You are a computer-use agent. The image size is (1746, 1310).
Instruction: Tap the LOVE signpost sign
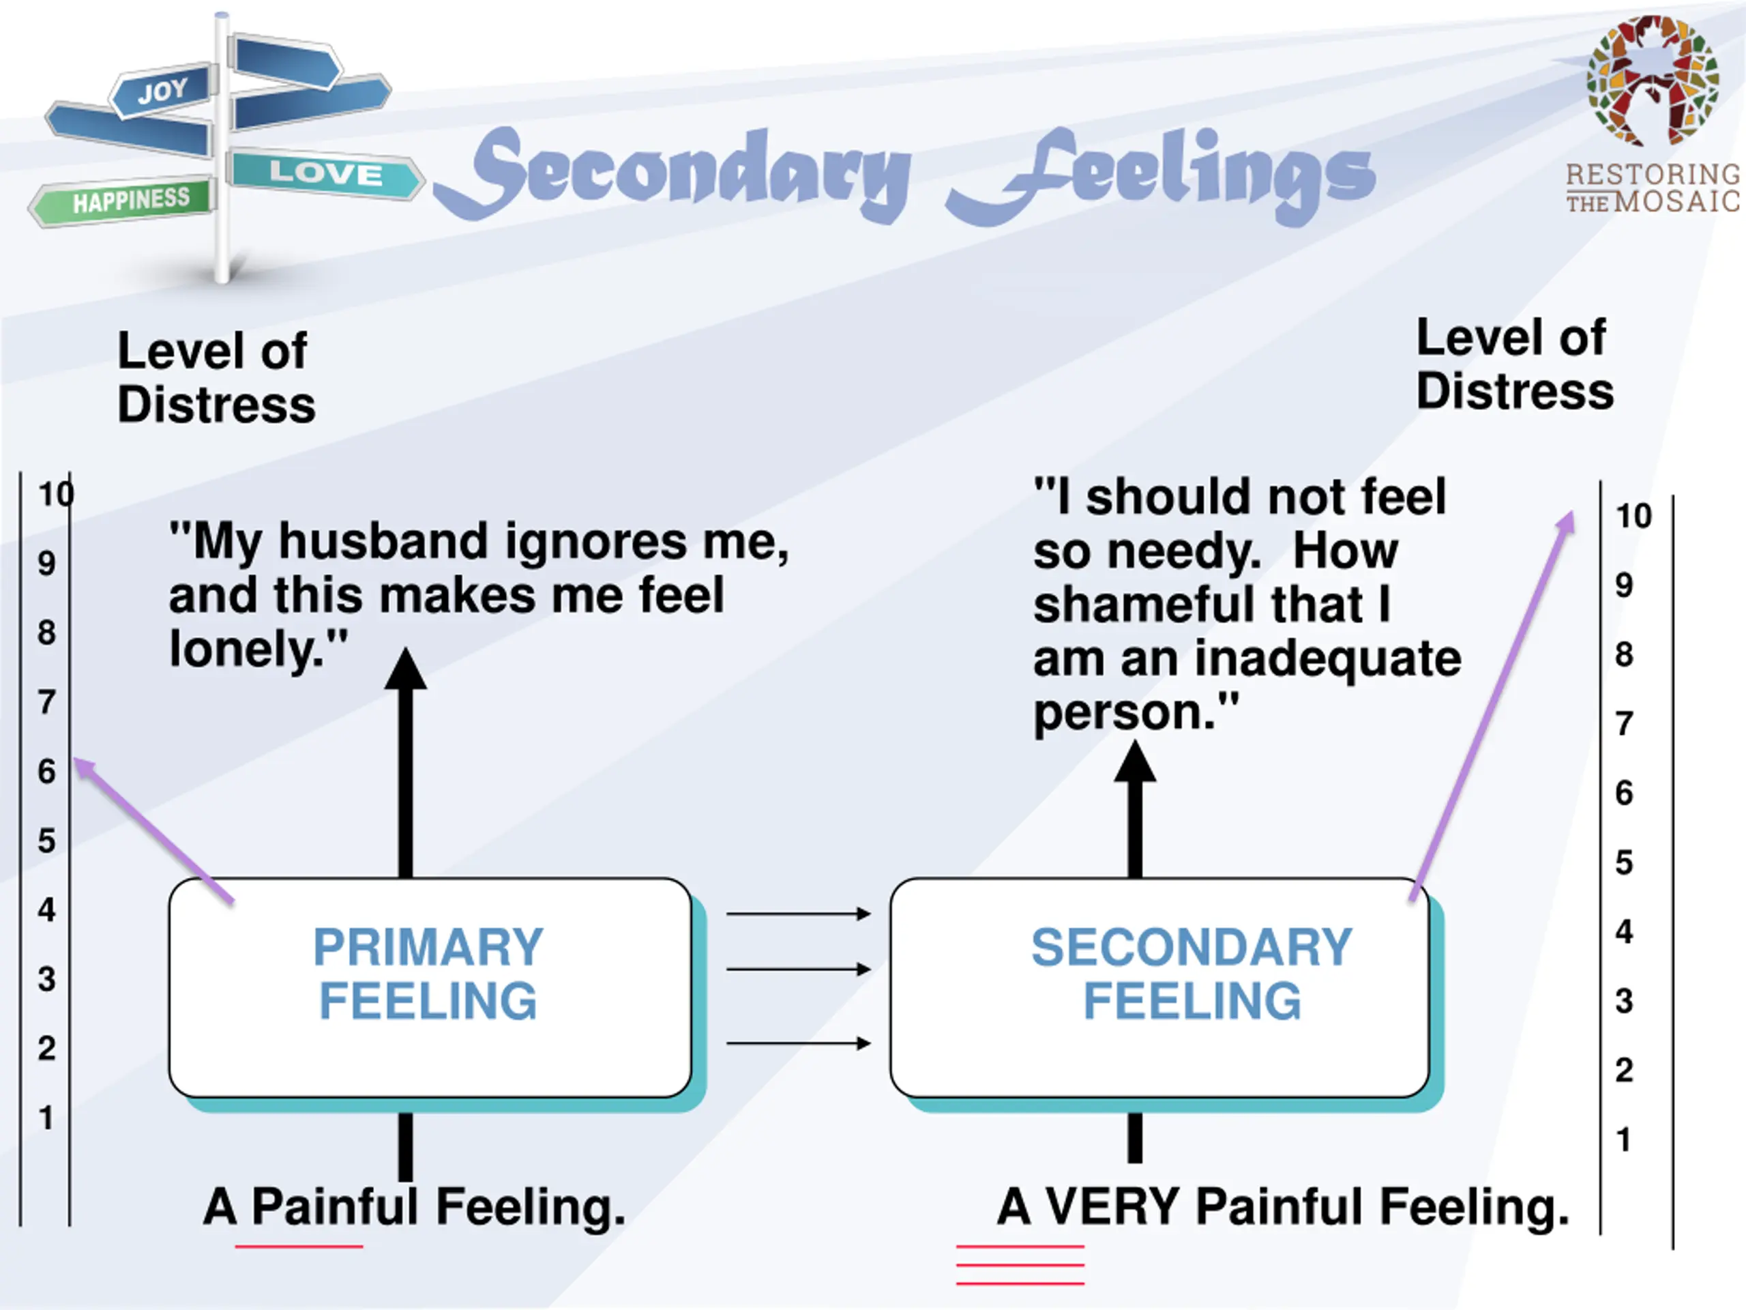tap(325, 173)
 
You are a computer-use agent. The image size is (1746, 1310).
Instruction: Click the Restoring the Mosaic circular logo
tap(1652, 81)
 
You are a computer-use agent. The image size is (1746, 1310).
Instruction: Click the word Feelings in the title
tap(1160, 174)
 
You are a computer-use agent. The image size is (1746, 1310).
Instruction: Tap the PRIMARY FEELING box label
tap(428, 974)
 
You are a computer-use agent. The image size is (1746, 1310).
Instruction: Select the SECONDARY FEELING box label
tap(1192, 974)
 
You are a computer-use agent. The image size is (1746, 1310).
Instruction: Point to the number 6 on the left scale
tap(46, 772)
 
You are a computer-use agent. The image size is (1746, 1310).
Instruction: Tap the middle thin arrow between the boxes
tap(797, 969)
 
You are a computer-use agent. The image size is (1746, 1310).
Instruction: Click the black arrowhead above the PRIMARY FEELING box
tap(406, 669)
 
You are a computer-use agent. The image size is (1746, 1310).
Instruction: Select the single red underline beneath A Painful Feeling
tap(298, 1247)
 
